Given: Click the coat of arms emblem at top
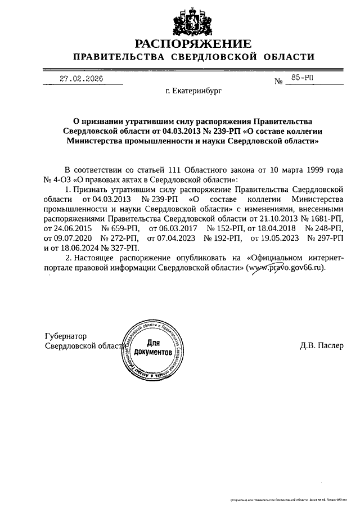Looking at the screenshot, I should pyautogui.click(x=192, y=20).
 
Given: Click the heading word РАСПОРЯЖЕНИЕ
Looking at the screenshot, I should pyautogui.click(x=192, y=43).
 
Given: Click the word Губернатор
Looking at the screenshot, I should pyautogui.click(x=66, y=336).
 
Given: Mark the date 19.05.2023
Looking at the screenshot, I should pyautogui.click(x=272, y=238).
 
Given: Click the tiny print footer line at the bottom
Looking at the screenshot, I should pyautogui.click(x=288, y=499).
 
